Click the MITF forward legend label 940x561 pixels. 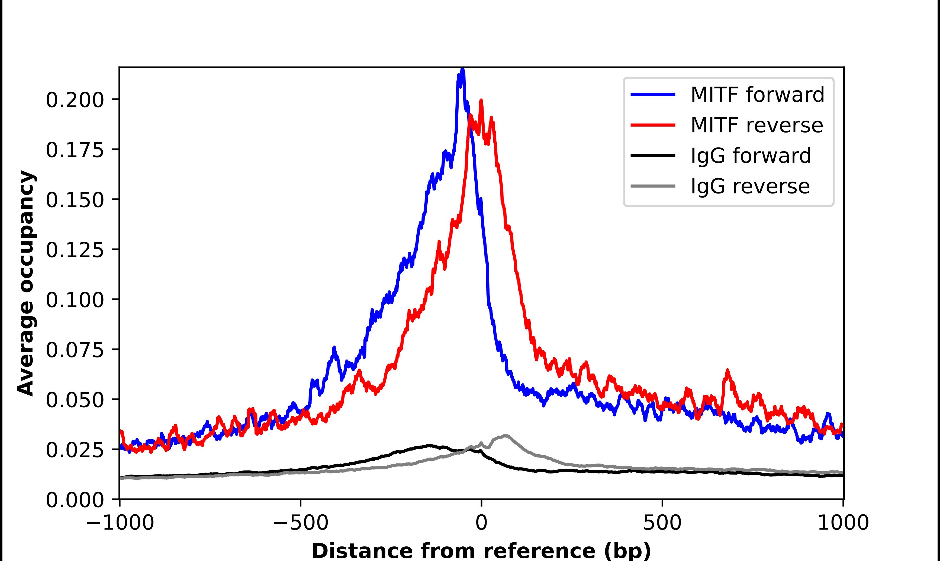(757, 95)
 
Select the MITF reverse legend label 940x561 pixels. (756, 125)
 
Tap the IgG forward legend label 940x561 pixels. (751, 156)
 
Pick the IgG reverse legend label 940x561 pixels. (750, 186)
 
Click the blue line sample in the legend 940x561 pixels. (653, 95)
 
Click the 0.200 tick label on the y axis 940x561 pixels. (75, 100)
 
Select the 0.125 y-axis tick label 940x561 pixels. (75, 250)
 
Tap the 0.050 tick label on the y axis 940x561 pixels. (75, 400)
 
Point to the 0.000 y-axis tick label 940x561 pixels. (75, 500)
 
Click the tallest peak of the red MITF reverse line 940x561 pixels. (481, 101)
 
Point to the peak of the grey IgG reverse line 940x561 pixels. (505, 436)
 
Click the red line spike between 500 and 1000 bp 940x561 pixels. (727, 370)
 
